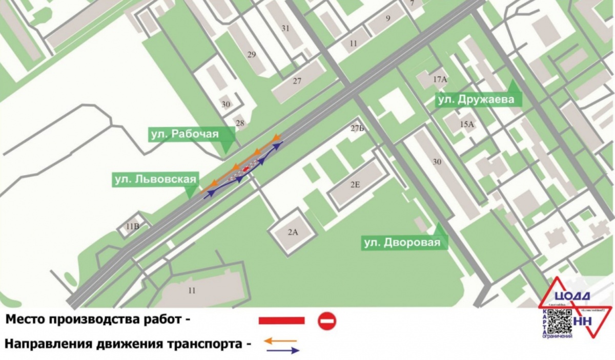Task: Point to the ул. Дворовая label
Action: pos(402,243)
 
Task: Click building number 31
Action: pos(286,29)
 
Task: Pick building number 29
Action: pos(252,55)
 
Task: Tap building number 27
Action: pos(297,81)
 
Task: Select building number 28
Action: pos(240,123)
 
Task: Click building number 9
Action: pos(388,19)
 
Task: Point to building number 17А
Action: pos(440,79)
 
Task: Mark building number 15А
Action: pos(466,124)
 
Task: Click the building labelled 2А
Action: pos(293,232)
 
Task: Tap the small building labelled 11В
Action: pos(132,226)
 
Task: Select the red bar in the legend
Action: pos(281,321)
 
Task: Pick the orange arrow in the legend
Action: pos(281,340)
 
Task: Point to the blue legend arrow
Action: pos(282,351)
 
